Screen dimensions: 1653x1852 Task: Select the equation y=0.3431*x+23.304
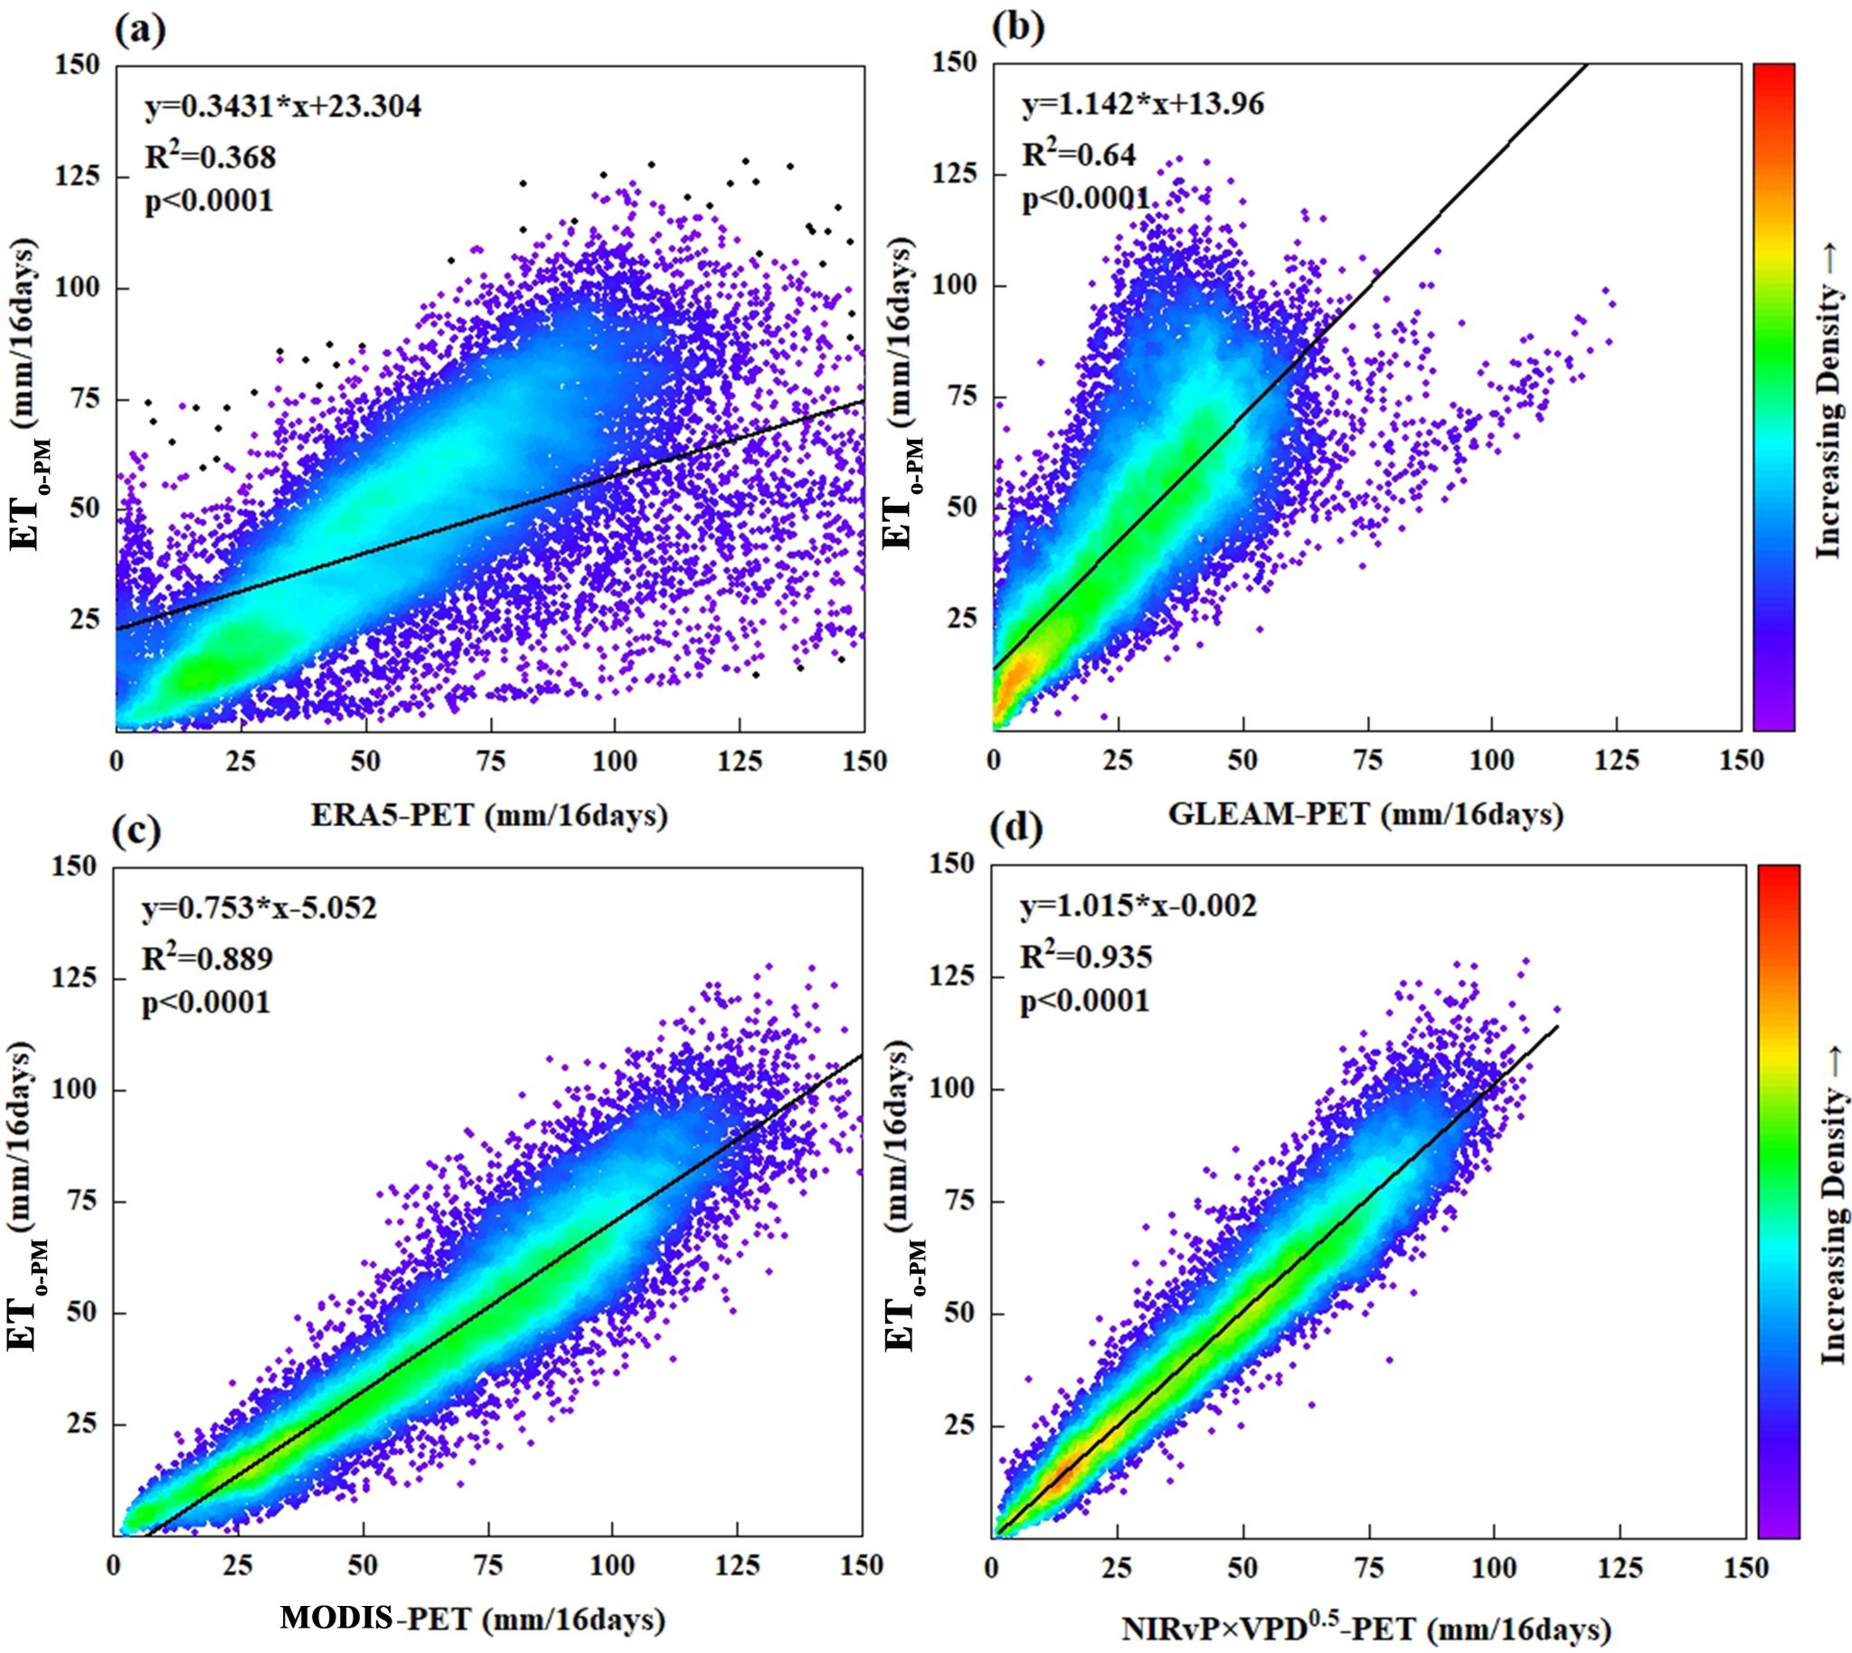pos(283,107)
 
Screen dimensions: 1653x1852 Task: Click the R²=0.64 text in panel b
pos(1079,155)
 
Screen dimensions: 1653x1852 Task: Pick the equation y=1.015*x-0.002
pos(1139,906)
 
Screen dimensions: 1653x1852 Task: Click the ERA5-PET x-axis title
pos(489,814)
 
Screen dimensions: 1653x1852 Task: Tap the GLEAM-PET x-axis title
pos(1365,812)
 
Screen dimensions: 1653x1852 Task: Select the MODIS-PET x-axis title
pos(472,1619)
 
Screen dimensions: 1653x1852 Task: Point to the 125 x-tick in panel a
pos(740,761)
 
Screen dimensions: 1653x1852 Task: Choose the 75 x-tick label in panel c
pos(487,1566)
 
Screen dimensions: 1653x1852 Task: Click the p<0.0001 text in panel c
pos(205,1002)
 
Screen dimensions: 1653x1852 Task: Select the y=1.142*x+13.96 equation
pos(1143,105)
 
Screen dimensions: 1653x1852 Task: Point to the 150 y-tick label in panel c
pos(79,867)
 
